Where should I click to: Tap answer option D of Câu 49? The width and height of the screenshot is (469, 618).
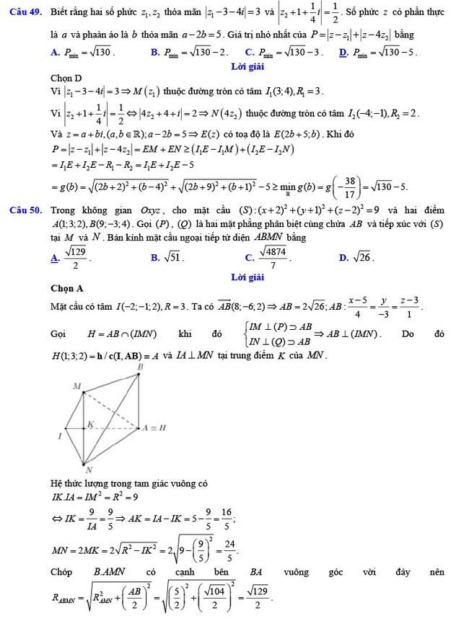(x=376, y=52)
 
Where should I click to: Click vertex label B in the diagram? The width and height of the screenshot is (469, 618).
(x=141, y=367)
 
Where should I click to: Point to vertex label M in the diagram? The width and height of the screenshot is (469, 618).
(x=76, y=387)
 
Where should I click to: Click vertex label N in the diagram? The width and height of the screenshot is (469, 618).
(x=89, y=470)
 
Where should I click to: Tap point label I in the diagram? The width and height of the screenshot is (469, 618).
(x=60, y=436)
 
